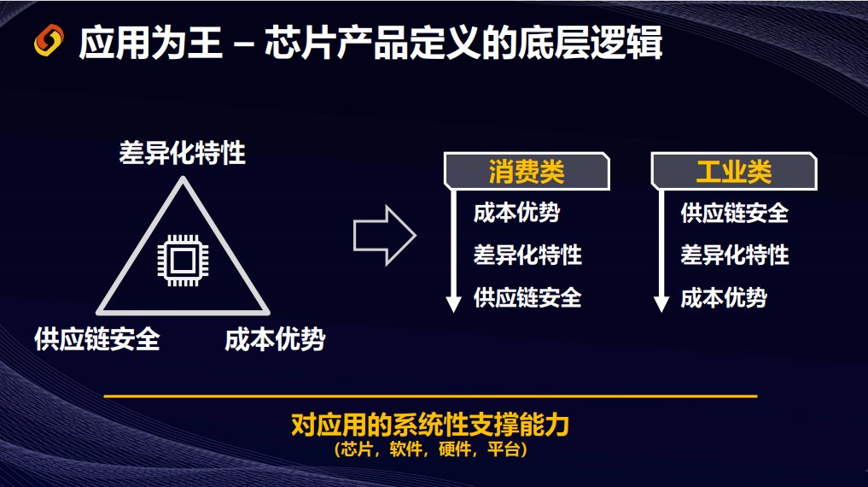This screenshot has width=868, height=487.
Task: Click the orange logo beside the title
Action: coord(49,40)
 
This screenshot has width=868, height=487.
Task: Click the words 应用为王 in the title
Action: coord(150,43)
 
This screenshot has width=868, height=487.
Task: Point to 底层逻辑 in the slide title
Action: coord(590,43)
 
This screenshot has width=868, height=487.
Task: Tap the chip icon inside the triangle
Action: coord(183,261)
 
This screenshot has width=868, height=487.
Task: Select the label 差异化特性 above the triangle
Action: coord(182,153)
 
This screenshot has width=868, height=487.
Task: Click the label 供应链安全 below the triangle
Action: coord(97,339)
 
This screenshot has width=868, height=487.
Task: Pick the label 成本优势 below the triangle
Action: coord(275,339)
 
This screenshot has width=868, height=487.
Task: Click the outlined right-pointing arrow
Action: coord(385,236)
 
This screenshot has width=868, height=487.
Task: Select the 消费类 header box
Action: coord(527,171)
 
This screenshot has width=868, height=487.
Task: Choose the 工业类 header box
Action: coord(733,171)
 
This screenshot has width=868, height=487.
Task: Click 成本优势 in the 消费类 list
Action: coord(516,213)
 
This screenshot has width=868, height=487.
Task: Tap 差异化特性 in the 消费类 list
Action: coord(527,255)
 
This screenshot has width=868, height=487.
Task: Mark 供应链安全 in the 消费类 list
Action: coord(527,297)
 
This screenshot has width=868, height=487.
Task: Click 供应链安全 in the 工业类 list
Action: coord(735,213)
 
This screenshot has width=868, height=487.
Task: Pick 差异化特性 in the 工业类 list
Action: coord(735,255)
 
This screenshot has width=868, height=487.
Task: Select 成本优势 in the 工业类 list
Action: coord(724,297)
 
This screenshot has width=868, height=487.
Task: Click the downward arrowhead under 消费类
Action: coord(453,304)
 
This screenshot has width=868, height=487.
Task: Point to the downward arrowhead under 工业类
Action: coord(661,304)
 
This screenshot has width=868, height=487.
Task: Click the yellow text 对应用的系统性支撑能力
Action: coord(430,425)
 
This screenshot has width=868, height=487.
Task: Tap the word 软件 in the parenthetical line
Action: coord(405,449)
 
